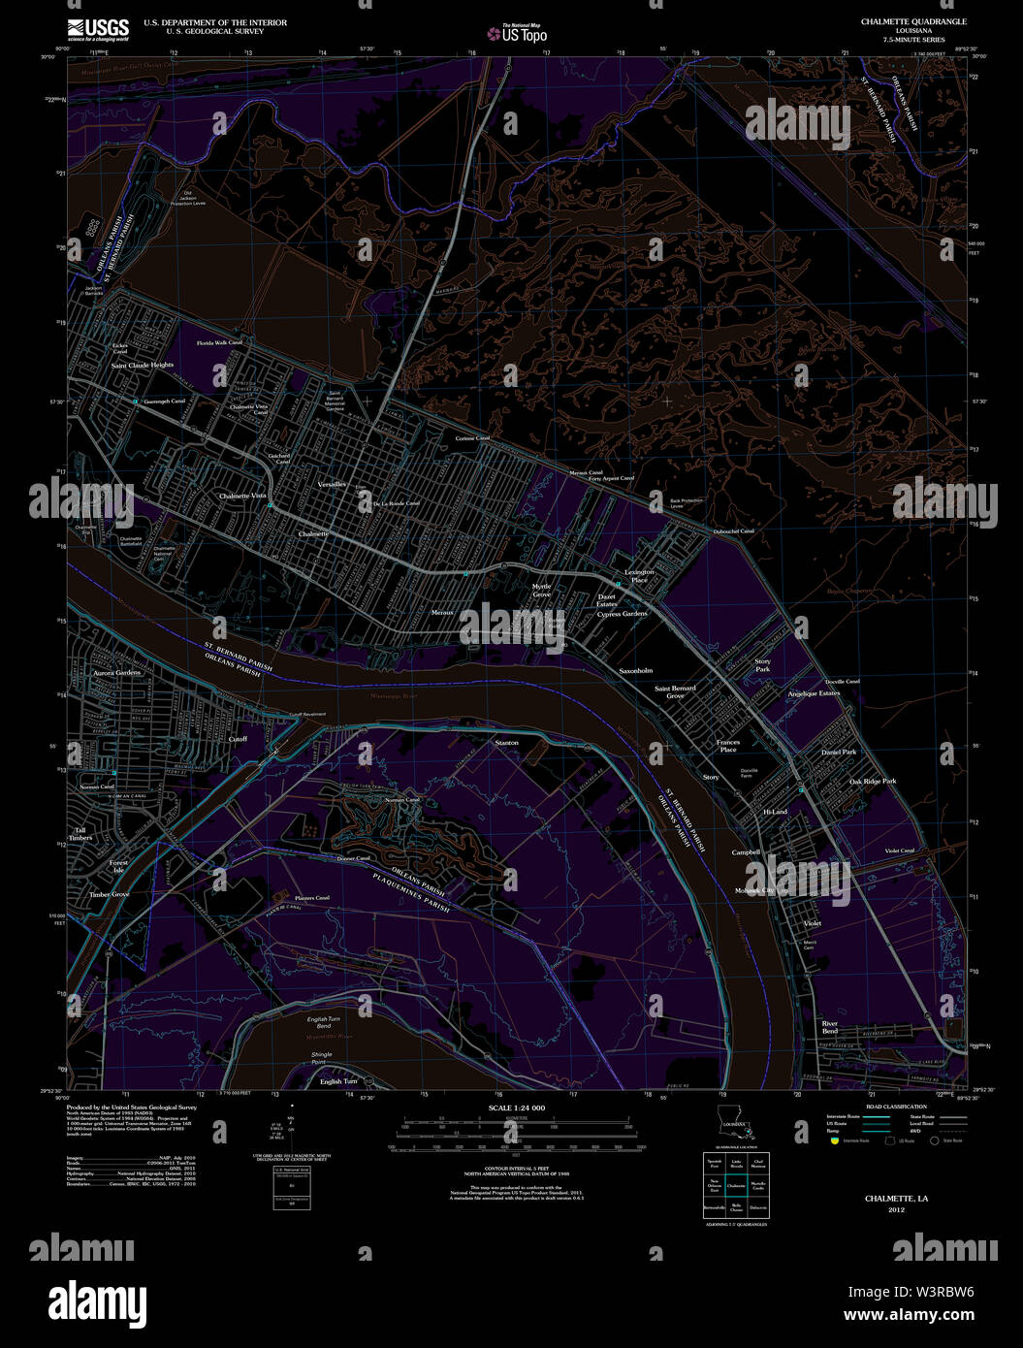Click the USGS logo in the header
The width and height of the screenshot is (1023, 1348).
(x=98, y=29)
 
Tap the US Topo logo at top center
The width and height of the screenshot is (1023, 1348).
(x=518, y=34)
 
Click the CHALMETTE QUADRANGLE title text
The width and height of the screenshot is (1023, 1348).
(x=912, y=21)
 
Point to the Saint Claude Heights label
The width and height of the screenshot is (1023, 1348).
(x=143, y=366)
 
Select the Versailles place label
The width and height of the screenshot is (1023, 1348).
(x=332, y=483)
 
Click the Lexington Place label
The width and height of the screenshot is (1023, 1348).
(x=639, y=576)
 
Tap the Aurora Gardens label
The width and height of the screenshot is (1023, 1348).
(x=117, y=672)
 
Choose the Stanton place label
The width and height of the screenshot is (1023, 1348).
(x=506, y=743)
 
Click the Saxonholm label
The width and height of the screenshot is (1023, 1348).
(x=636, y=670)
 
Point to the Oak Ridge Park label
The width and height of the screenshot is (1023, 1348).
(x=873, y=781)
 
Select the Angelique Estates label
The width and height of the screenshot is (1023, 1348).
(x=814, y=693)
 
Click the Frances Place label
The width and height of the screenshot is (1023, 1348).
(x=728, y=746)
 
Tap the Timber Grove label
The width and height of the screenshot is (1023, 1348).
(x=110, y=894)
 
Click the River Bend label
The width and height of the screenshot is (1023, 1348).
(x=830, y=1027)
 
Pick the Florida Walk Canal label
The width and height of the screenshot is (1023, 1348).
(x=219, y=343)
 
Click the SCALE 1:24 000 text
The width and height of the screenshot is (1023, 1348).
(x=516, y=1107)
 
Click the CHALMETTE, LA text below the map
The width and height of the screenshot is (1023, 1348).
(x=896, y=1199)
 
